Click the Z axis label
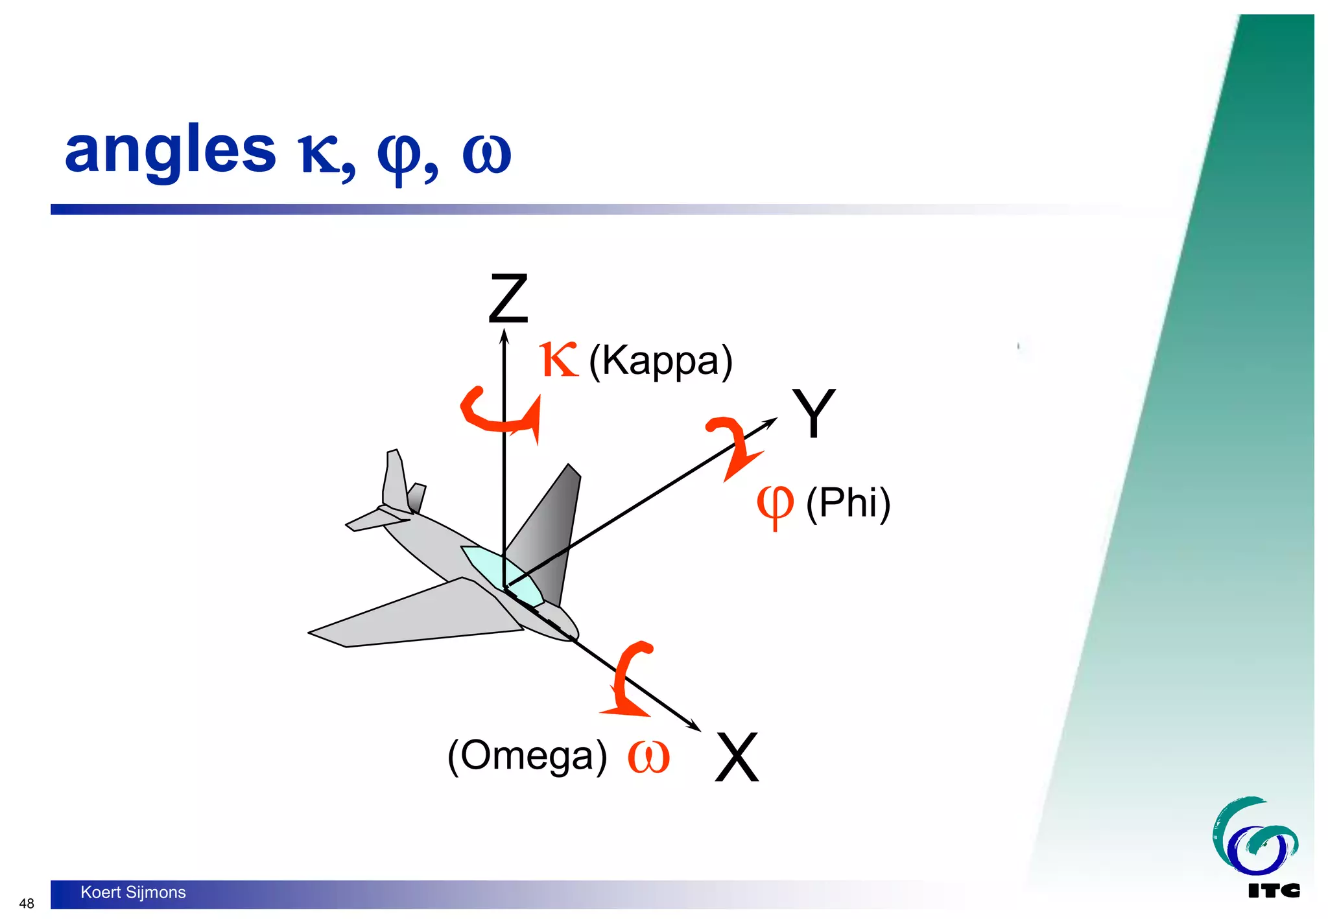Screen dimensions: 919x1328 pyautogui.click(x=508, y=299)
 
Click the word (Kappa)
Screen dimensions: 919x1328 pyautogui.click(x=661, y=361)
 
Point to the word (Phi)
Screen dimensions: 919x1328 pyautogui.click(x=848, y=503)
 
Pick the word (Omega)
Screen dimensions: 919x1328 pyautogui.click(x=527, y=756)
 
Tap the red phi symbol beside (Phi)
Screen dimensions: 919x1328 pyautogui.click(x=775, y=505)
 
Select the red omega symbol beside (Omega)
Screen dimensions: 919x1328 pyautogui.click(x=648, y=757)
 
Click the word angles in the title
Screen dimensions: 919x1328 pyautogui.click(x=171, y=151)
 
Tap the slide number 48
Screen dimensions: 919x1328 pyautogui.click(x=27, y=903)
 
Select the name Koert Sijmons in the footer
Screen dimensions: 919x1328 pyautogui.click(x=133, y=892)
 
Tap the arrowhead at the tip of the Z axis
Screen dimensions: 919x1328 pyautogui.click(x=504, y=336)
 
